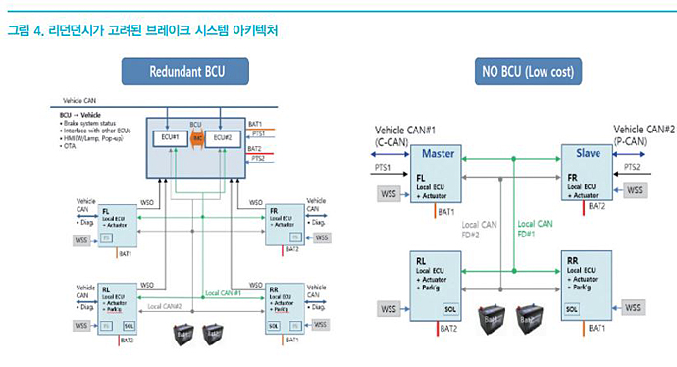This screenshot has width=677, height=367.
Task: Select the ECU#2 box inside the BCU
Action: (225, 138)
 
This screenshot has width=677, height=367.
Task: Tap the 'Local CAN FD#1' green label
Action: (536, 231)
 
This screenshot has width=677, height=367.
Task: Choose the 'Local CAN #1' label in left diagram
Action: (226, 293)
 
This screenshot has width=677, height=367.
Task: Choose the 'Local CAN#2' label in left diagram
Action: (167, 307)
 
